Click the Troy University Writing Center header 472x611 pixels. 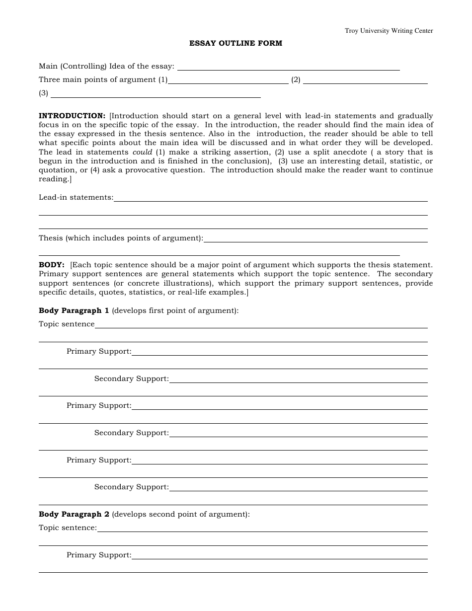pos(389,31)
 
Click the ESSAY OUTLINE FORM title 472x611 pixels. pos(236,43)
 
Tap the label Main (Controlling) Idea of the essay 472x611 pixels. pos(106,66)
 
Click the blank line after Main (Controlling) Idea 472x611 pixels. pos(288,70)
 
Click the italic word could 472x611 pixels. pos(142,152)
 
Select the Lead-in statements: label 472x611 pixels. pos(76,197)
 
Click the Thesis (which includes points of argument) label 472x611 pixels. pos(121,238)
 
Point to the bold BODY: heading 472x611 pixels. pos(52,265)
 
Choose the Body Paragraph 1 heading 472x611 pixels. pos(74,310)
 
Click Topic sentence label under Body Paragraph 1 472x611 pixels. pos(67,324)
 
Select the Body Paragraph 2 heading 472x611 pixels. pos(74,514)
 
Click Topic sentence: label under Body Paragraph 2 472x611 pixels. pos(68,528)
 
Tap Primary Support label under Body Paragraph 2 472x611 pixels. pos(99,555)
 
